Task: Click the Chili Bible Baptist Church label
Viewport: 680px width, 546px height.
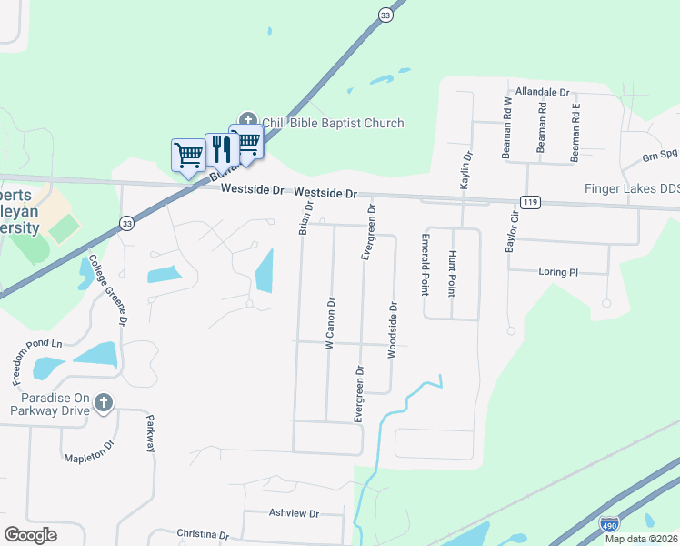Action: [332, 123]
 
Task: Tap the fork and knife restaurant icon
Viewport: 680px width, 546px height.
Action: [222, 148]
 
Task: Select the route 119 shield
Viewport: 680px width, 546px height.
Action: [530, 201]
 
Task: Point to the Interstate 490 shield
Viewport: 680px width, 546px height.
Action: [609, 524]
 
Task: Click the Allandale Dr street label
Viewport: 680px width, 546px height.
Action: [541, 93]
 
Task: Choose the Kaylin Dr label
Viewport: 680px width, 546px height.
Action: [466, 170]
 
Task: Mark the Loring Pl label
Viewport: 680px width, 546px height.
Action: [557, 271]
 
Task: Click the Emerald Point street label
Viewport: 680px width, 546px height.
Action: [425, 264]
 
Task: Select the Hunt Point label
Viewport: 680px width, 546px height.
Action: [452, 273]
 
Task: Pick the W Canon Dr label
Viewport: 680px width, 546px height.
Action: [330, 324]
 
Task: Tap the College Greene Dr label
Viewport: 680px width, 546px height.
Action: [107, 289]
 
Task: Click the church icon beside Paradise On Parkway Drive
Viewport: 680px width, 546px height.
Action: [104, 402]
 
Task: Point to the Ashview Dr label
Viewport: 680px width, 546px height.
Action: [295, 513]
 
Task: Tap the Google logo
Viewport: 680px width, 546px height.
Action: [31, 534]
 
